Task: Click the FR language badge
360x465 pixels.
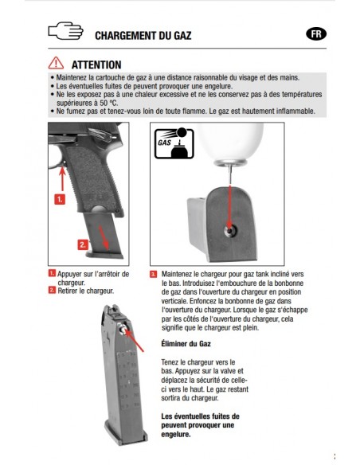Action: click(x=316, y=34)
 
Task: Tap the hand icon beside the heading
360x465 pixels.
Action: click(x=65, y=30)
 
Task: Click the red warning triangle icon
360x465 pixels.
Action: click(x=56, y=63)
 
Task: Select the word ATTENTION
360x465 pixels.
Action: click(x=96, y=64)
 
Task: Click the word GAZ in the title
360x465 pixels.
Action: click(x=182, y=36)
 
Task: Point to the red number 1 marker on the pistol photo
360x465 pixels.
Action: click(x=60, y=199)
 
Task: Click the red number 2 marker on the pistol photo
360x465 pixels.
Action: click(x=83, y=244)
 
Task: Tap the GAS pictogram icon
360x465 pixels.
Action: click(x=174, y=143)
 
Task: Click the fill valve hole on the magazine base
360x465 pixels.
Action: click(x=230, y=230)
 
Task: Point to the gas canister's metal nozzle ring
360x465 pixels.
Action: click(x=231, y=162)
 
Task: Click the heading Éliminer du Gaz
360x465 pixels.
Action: click(x=186, y=344)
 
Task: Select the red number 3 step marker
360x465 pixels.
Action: click(x=153, y=275)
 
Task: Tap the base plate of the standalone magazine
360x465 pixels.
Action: click(x=127, y=437)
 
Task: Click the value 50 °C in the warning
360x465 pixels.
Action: click(x=108, y=104)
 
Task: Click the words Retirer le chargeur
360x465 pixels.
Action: click(x=86, y=291)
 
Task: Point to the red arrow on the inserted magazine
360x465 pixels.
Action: click(x=104, y=237)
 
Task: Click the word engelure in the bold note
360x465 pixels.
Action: click(x=176, y=435)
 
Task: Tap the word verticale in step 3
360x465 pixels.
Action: click(x=174, y=301)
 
